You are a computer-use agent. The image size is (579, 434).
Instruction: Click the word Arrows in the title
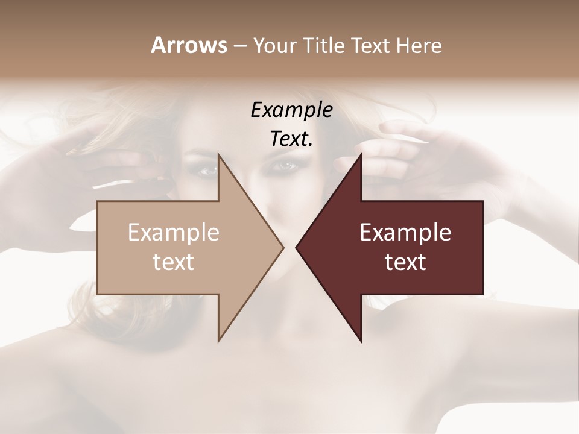coord(189,45)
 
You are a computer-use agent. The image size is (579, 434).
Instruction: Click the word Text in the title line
coord(372,46)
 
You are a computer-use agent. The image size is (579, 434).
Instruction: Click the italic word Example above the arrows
coord(292,110)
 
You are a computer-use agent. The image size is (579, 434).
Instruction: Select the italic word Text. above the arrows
coord(292,139)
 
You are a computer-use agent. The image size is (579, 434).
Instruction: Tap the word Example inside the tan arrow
coord(174,233)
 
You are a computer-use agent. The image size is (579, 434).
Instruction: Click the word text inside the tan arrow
coord(174,262)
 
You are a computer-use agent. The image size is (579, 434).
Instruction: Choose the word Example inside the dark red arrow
coord(405,233)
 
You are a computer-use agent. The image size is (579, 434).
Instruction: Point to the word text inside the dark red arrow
coord(405,262)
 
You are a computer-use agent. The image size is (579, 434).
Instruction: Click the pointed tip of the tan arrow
coord(282,248)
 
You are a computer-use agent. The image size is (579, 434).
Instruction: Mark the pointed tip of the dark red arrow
coord(297,248)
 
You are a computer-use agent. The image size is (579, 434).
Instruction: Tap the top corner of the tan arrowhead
coord(219,154)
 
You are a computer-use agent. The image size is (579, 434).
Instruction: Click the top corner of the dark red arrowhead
coord(361,154)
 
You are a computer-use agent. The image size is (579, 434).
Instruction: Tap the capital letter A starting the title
coord(157,45)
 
